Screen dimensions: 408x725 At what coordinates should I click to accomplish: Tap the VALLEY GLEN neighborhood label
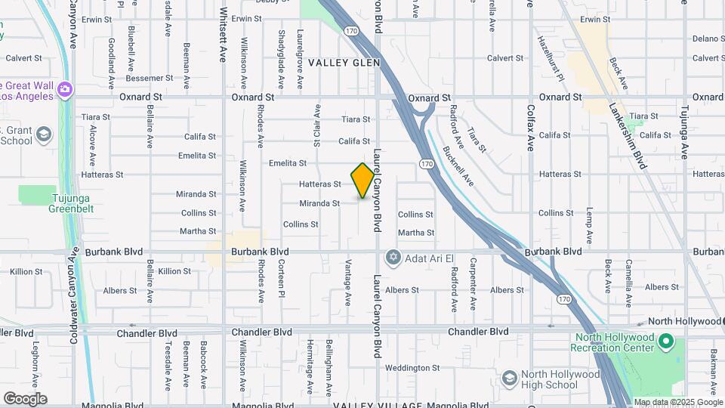[x=344, y=63]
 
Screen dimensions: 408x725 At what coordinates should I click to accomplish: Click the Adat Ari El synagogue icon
[x=392, y=258]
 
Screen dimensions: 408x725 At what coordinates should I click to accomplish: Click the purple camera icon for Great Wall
[x=65, y=90]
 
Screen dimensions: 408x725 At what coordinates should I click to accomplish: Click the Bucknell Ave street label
[x=458, y=166]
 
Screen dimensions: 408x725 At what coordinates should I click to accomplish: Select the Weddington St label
[x=412, y=368]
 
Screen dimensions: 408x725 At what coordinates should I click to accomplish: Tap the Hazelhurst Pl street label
[x=551, y=57]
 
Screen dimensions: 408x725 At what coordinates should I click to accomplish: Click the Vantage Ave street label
[x=348, y=283]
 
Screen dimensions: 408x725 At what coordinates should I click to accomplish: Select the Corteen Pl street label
[x=280, y=278]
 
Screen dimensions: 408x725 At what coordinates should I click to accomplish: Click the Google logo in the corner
[x=25, y=398]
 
